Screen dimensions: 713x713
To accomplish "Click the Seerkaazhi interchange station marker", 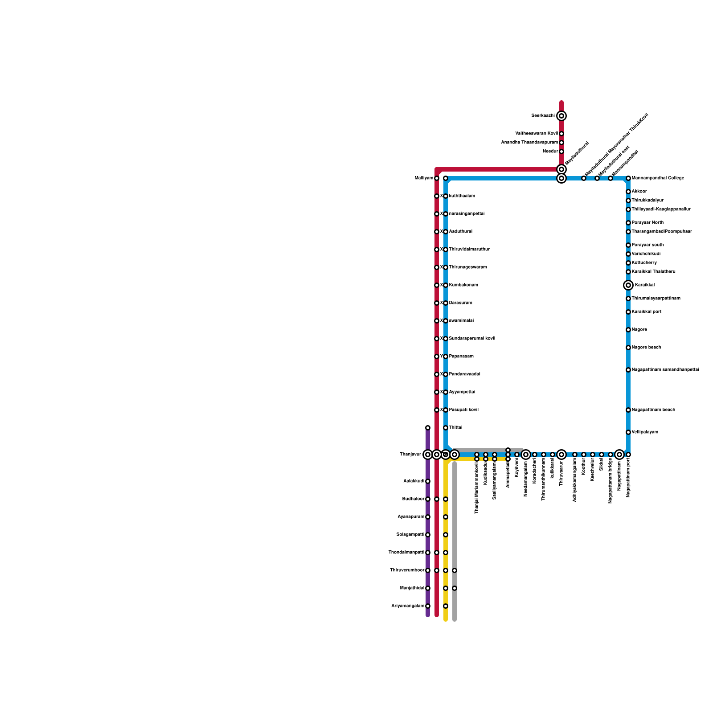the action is pyautogui.click(x=561, y=116).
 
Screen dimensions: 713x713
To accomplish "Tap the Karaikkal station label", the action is pyautogui.click(x=644, y=285).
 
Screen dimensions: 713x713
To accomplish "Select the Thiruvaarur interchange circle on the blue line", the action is pyautogui.click(x=561, y=455).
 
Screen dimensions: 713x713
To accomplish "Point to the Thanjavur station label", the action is pyautogui.click(x=410, y=455).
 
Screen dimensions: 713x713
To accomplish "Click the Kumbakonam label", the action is pyautogui.click(x=463, y=285).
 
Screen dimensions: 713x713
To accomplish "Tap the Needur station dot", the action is pyautogui.click(x=561, y=152).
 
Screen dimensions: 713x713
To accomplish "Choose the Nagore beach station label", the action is pyautogui.click(x=646, y=348).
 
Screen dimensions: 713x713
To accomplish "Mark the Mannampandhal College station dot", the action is pyautogui.click(x=628, y=178).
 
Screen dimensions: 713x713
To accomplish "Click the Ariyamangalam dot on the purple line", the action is pyautogui.click(x=428, y=606).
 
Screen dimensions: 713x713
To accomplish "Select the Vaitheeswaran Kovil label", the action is pyautogui.click(x=536, y=134).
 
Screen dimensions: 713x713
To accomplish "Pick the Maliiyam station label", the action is pyautogui.click(x=423, y=178).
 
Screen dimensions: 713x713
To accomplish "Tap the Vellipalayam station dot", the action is pyautogui.click(x=628, y=432).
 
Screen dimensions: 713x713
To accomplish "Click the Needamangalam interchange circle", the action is pyautogui.click(x=526, y=455).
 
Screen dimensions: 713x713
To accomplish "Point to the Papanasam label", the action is pyautogui.click(x=461, y=356).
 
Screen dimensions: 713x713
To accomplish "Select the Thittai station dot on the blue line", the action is pyautogui.click(x=446, y=428).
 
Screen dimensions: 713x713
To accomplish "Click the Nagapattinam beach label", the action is pyautogui.click(x=653, y=410).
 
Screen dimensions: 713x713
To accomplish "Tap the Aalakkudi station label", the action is pyautogui.click(x=414, y=481).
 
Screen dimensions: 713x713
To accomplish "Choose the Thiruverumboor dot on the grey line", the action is pyautogui.click(x=455, y=570).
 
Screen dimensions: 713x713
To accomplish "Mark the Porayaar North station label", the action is pyautogui.click(x=647, y=223).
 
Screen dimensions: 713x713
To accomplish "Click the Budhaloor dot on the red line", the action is pyautogui.click(x=437, y=499).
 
